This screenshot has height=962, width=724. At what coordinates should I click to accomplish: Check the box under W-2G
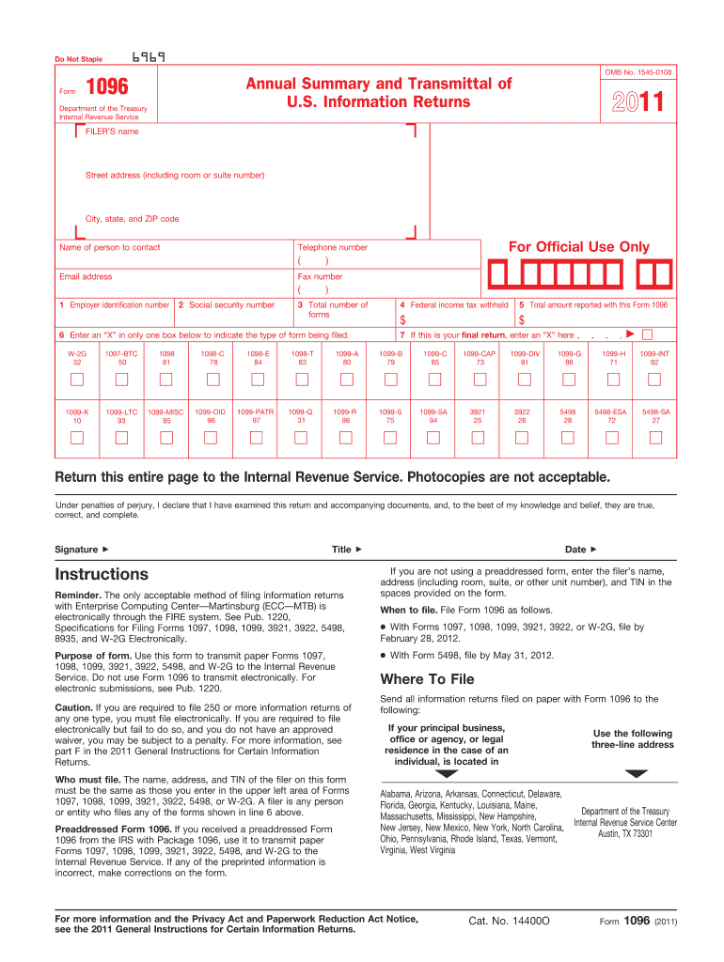[x=77, y=379]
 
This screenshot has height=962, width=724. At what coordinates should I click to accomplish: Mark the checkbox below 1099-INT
[x=654, y=379]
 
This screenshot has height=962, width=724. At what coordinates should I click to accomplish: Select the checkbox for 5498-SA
[x=655, y=438]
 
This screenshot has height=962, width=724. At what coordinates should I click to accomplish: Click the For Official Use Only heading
[x=578, y=247]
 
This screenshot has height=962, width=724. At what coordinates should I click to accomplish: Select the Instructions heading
[x=102, y=574]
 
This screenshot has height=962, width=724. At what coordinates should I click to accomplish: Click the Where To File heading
[x=426, y=679]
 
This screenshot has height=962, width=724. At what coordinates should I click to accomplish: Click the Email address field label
[x=86, y=277]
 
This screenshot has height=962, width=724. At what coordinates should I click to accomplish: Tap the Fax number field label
[x=320, y=277]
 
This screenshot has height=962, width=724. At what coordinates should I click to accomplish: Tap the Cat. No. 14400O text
[x=509, y=921]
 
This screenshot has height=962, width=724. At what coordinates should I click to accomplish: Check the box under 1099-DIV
[x=525, y=379]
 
